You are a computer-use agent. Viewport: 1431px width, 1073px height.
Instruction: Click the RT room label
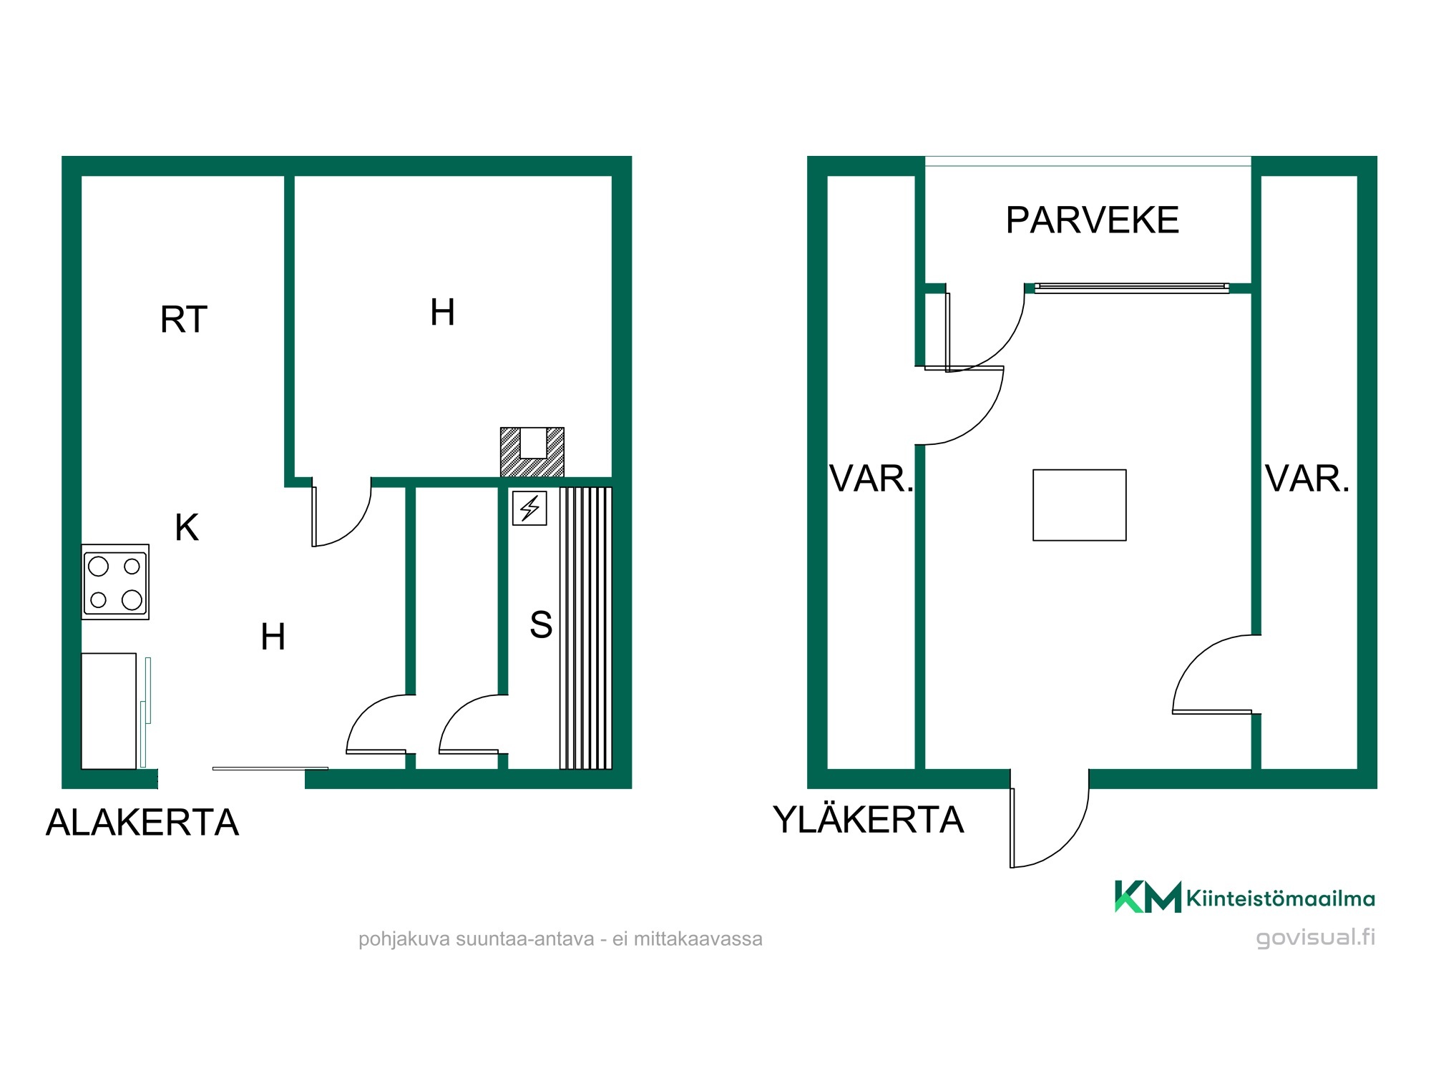184,319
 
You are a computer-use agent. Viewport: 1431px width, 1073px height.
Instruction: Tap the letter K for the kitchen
187,527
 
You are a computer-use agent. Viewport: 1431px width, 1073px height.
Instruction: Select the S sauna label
541,624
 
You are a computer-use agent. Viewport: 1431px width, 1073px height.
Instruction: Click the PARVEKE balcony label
1092,220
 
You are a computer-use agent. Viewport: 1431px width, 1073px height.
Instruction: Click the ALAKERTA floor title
142,822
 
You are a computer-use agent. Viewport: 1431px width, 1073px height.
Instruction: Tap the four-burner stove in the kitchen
115,582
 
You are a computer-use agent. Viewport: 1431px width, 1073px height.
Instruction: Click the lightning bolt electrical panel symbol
529,508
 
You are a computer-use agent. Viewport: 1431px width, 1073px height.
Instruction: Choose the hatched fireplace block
532,452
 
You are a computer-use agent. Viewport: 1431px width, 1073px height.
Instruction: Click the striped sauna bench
586,628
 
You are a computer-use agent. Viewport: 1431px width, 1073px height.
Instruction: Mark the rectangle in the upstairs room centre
1080,505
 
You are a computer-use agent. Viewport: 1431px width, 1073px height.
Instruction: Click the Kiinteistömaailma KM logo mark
1148,897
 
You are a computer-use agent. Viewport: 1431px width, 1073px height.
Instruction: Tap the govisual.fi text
1315,937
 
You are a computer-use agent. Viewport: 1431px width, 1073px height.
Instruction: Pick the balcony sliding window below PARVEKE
1132,288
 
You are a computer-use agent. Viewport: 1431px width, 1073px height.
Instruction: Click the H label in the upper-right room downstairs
442,312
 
